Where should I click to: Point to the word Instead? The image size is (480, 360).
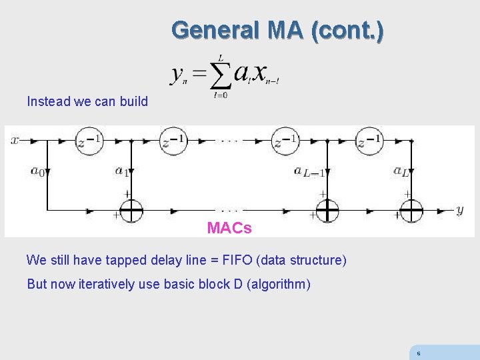[x=49, y=102]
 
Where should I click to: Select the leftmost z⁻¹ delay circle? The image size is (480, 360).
[x=89, y=141]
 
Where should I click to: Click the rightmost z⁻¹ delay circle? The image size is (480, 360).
[x=369, y=141]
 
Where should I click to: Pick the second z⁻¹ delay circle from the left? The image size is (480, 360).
[x=173, y=141]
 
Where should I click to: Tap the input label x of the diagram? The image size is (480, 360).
[x=15, y=141]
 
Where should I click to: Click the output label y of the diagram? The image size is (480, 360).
[x=459, y=211]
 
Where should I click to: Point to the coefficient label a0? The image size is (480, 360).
[x=37, y=171]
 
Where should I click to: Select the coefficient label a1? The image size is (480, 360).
[x=121, y=171]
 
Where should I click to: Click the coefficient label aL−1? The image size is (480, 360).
[x=309, y=172]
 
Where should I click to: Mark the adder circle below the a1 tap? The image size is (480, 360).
[x=131, y=211]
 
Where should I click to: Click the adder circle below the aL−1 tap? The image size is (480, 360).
[x=327, y=211]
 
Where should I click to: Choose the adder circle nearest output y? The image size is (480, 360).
[x=411, y=211]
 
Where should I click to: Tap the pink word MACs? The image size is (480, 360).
[x=229, y=228]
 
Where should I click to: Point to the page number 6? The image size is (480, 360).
[x=418, y=354]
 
